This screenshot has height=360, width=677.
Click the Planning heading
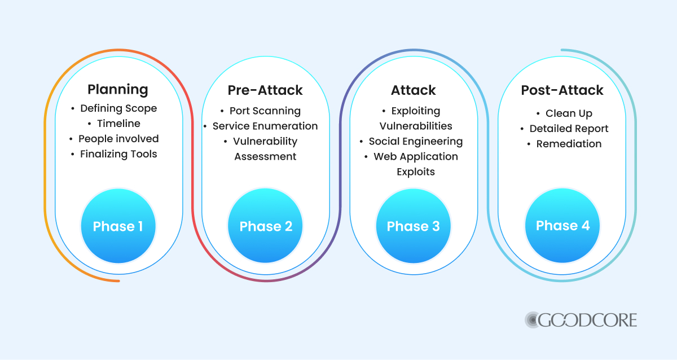[118, 89]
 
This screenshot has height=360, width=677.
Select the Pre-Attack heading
[265, 90]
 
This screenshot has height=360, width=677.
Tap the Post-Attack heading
[562, 90]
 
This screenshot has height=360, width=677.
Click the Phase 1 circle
[118, 226]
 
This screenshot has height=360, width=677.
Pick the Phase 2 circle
[266, 226]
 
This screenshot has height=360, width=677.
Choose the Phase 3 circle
[414, 226]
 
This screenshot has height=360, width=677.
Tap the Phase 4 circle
[562, 226]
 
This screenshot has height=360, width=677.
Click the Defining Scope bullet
[118, 108]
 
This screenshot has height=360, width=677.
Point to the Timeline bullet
[118, 124]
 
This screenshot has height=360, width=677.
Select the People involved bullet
[118, 139]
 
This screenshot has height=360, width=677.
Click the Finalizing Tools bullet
[118, 154]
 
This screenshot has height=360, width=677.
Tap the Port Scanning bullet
[265, 111]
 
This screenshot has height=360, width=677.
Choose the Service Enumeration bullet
[265, 126]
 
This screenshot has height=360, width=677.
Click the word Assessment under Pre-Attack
[265, 157]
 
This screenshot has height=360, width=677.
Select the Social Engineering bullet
[415, 142]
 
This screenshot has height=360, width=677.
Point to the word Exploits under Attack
[415, 172]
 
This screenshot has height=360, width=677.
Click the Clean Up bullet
[568, 113]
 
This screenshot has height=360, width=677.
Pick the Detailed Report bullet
[568, 129]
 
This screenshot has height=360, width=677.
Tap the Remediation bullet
[568, 144]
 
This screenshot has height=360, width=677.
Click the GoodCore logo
[581, 320]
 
